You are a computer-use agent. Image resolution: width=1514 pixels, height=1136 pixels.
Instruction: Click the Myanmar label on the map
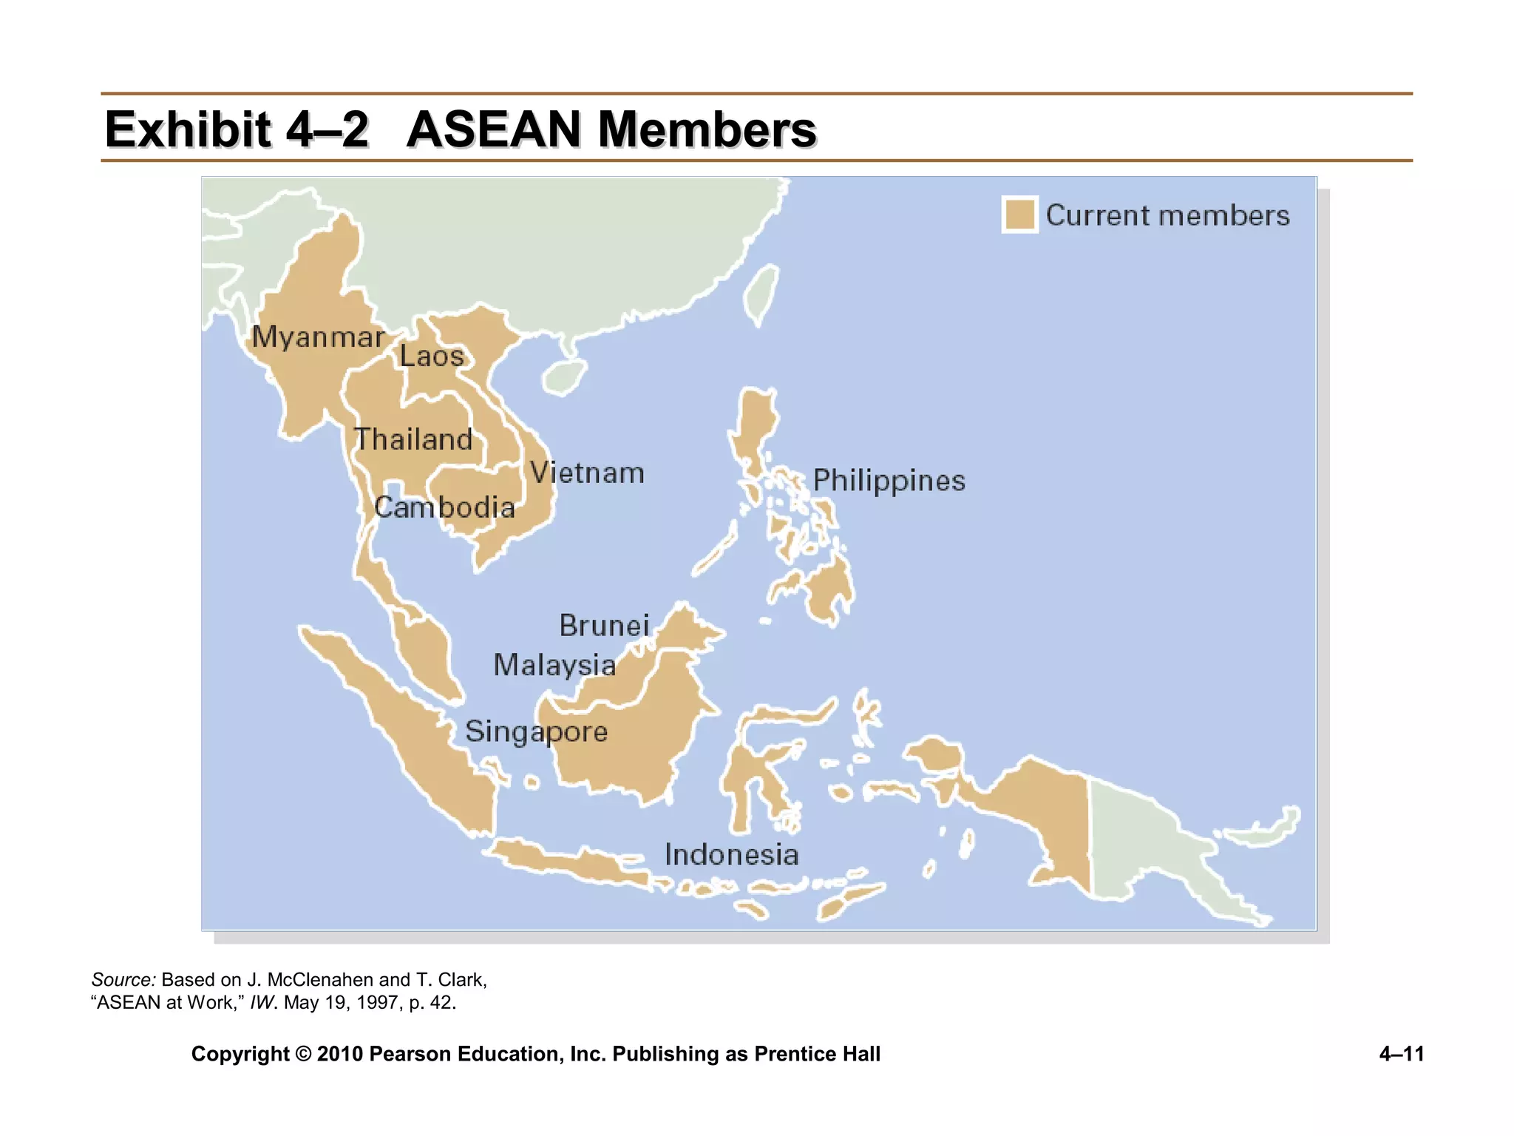click(318, 337)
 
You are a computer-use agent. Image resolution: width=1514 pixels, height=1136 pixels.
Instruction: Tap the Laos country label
click(432, 356)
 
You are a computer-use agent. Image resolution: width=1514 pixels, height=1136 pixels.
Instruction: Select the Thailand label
click(413, 439)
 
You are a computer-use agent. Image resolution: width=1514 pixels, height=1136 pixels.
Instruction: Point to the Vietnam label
click(587, 473)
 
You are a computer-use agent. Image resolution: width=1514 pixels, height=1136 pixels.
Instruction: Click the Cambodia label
click(444, 507)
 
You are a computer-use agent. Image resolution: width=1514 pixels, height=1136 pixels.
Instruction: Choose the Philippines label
click(889, 481)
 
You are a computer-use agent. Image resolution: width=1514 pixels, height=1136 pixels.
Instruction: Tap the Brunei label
click(604, 626)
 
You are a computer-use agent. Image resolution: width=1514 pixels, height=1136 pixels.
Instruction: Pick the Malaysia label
click(554, 665)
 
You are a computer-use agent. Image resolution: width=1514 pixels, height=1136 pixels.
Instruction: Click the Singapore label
click(536, 731)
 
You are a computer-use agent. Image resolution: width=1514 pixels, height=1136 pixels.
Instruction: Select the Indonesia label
click(731, 855)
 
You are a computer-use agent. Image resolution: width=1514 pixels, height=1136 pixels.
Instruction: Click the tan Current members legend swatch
click(1020, 215)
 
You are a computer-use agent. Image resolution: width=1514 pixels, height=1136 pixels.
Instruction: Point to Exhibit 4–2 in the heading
click(237, 129)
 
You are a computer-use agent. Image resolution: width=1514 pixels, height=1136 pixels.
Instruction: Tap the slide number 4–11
click(1401, 1054)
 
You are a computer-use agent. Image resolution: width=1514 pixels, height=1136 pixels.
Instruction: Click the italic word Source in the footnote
click(123, 980)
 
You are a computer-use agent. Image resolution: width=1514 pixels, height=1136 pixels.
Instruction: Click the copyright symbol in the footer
click(303, 1054)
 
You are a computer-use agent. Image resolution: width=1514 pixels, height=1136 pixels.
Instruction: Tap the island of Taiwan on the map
click(761, 294)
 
